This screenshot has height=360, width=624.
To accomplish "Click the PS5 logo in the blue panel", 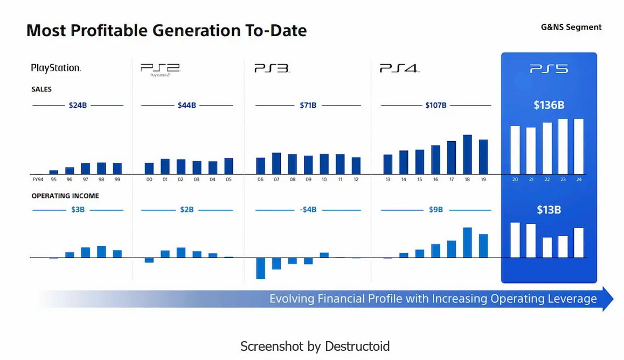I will [x=549, y=69].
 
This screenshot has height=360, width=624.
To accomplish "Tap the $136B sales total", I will [x=549, y=105].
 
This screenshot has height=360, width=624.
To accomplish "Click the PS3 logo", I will [x=272, y=68].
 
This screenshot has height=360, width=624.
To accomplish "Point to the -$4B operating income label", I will [x=308, y=210].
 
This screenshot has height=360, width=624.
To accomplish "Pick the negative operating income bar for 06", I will [x=261, y=268].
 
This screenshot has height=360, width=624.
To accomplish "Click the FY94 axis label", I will [x=38, y=179].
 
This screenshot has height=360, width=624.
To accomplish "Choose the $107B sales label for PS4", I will [x=436, y=105].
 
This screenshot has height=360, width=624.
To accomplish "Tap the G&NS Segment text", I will [x=571, y=27].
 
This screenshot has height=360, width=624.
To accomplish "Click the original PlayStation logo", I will [x=56, y=68].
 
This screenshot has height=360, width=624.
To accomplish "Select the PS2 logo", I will [x=160, y=68].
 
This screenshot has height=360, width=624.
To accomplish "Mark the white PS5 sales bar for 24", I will [x=579, y=146].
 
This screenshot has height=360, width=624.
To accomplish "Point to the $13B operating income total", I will [x=549, y=210].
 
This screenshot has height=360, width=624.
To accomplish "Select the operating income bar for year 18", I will [x=467, y=243].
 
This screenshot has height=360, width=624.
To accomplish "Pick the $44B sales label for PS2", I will [x=187, y=105].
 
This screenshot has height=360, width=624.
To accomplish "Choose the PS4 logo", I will [x=399, y=68].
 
